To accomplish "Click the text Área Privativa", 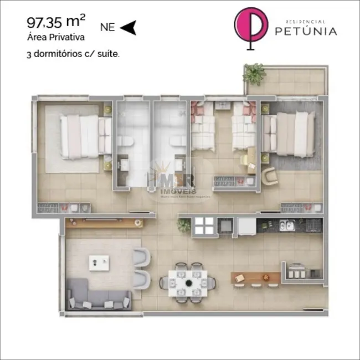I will pos(55,38).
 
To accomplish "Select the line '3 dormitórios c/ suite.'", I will pos(73,54).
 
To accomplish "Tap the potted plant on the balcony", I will pos(255,73).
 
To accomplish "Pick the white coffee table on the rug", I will pos(100,263).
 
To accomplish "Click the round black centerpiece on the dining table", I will pos(188,282).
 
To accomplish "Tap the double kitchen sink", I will pos(286,225).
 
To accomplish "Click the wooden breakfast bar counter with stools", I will pos(256,275).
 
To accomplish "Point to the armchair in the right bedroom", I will pos(270,176).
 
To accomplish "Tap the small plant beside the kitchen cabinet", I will pos(183,225).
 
